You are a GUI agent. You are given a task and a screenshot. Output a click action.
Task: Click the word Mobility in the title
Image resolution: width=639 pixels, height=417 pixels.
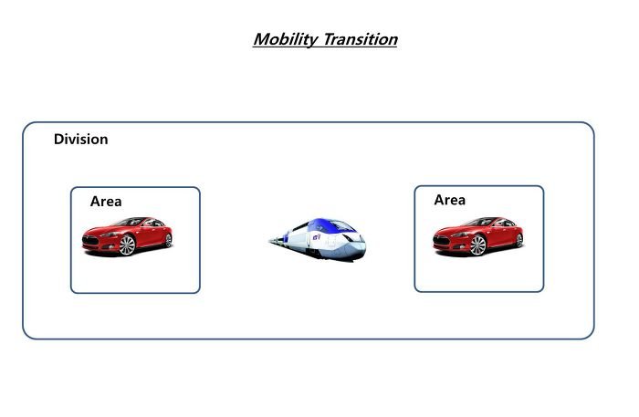point(285,40)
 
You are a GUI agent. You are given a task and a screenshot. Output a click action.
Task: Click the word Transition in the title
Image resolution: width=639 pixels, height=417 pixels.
point(361,39)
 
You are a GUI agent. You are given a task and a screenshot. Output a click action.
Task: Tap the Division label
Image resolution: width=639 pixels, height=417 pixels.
point(80,140)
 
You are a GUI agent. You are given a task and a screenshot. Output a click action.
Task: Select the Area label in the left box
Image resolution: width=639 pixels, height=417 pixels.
point(106,201)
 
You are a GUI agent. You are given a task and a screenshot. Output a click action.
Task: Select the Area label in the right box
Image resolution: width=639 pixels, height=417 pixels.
point(449,200)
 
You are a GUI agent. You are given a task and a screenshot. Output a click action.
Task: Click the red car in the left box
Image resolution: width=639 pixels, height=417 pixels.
point(127,236)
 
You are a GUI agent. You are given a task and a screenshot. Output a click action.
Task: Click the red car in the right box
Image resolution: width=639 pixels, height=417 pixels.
point(478,236)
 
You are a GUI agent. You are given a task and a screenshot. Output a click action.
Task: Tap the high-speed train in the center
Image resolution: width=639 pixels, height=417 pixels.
point(318,239)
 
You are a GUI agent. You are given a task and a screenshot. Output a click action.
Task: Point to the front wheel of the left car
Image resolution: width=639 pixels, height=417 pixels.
point(127,245)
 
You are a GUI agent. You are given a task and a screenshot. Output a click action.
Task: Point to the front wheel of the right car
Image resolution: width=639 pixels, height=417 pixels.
point(477,245)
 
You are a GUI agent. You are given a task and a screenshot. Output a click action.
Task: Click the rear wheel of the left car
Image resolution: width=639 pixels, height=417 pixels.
point(168,240)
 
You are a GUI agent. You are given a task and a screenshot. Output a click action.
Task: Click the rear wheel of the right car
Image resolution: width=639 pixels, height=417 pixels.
point(519,240)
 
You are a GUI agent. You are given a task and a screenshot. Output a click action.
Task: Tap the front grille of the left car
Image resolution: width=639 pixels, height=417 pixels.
point(90,240)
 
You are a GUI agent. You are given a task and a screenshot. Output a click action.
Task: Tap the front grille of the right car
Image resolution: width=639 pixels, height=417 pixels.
point(441,240)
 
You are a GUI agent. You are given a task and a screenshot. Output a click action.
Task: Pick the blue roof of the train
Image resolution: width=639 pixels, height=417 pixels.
point(322,224)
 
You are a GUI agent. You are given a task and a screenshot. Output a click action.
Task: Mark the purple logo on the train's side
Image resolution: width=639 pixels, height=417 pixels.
point(316,236)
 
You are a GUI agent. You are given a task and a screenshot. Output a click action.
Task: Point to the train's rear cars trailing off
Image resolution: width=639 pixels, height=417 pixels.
point(279,240)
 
